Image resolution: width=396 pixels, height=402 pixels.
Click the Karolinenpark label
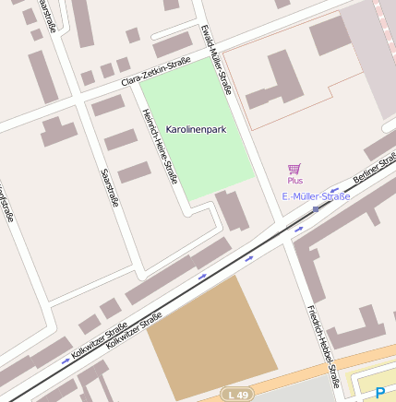coord(197,131)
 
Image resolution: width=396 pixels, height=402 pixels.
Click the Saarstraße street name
coord(109,186)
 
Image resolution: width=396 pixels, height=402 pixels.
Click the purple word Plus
coord(294,181)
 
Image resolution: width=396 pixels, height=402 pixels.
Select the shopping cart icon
coord(294,169)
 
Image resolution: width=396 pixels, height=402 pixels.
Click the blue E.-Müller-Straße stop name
coord(316,196)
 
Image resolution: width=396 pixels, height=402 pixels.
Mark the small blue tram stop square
coord(316,209)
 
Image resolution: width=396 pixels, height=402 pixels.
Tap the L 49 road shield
coord(237,394)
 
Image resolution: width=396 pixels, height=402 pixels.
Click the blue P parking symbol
coord(379,392)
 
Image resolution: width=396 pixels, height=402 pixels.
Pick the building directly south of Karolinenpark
coord(232,211)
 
